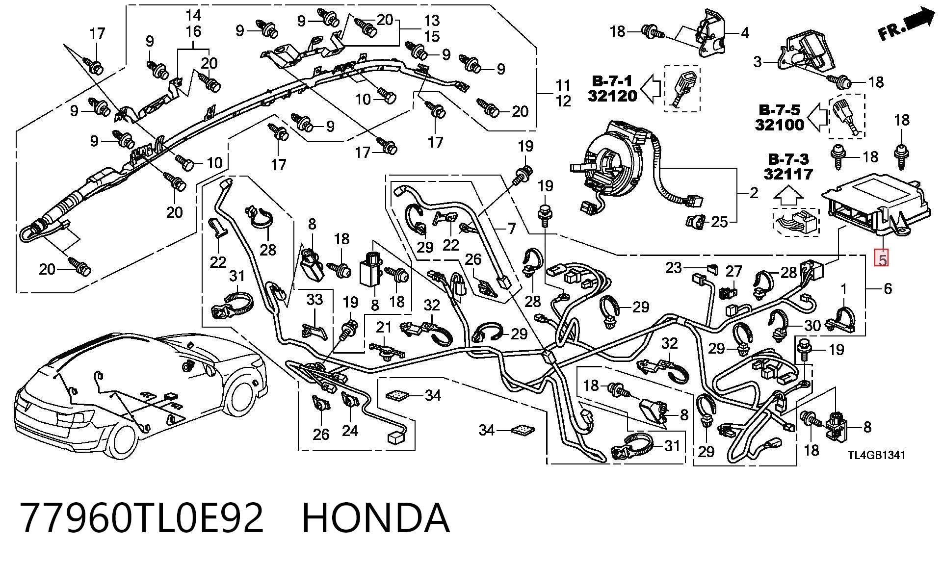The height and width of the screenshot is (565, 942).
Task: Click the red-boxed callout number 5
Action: pyautogui.click(x=882, y=259)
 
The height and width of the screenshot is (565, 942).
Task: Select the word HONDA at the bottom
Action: pyautogui.click(x=375, y=518)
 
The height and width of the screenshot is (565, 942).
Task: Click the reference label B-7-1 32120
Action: pyautogui.click(x=612, y=88)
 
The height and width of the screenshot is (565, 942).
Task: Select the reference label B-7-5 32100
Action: pyautogui.click(x=780, y=118)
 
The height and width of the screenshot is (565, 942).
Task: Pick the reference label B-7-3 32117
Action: pyautogui.click(x=788, y=167)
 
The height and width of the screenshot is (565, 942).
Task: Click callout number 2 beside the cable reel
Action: pyautogui.click(x=754, y=193)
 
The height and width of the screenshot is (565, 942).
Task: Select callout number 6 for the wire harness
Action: pyautogui.click(x=888, y=288)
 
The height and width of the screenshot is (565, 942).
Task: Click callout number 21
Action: pyautogui.click(x=384, y=327)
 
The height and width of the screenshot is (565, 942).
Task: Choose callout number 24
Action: pyautogui.click(x=350, y=431)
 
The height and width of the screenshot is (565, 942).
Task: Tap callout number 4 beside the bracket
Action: pyautogui.click(x=745, y=33)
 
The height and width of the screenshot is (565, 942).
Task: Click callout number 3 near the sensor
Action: pyautogui.click(x=758, y=62)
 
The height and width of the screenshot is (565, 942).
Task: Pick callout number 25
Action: pyautogui.click(x=719, y=222)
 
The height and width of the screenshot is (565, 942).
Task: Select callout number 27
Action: pyautogui.click(x=734, y=272)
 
